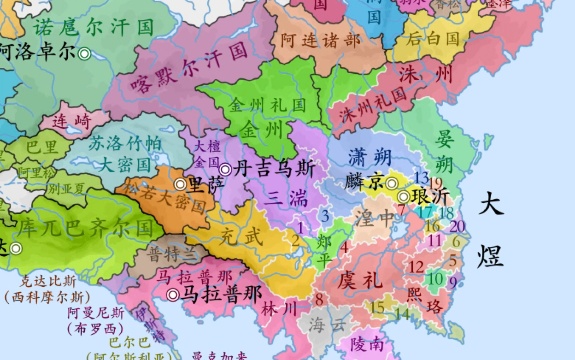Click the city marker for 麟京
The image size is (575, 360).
click(x=392, y=184)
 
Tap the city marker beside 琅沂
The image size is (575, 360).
click(x=404, y=197)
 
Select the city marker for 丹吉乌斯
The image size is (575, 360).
click(x=225, y=169)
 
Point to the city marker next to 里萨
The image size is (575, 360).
click(x=180, y=185)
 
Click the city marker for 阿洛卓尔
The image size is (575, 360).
click(x=84, y=54)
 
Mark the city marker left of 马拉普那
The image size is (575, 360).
click(x=173, y=295)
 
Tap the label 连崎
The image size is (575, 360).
click(x=72, y=122)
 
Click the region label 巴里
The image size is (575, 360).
click(x=42, y=148)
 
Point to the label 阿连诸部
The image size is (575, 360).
click(x=321, y=41)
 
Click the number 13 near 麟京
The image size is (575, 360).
click(x=421, y=177)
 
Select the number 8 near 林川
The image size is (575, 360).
click(x=319, y=299)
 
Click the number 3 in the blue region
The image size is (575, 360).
click(x=325, y=216)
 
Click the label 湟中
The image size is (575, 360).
click(x=375, y=217)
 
